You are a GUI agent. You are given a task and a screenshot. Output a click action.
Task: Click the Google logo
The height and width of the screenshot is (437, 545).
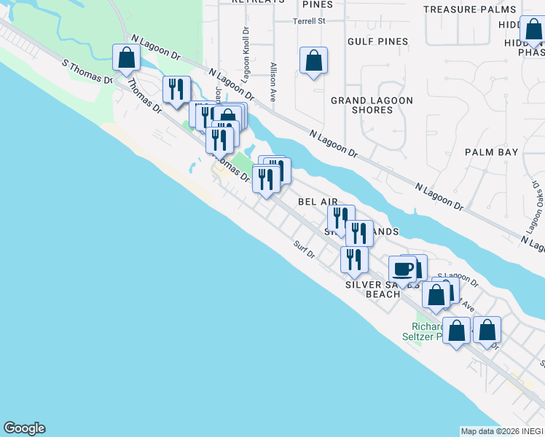(x=24, y=428)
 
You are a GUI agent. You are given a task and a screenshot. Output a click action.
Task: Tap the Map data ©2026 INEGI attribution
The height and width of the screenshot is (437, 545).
(x=501, y=431)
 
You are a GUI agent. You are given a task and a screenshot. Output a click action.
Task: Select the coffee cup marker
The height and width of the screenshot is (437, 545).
(x=403, y=269)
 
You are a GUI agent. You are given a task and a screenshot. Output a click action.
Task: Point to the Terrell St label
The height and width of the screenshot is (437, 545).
(x=309, y=21)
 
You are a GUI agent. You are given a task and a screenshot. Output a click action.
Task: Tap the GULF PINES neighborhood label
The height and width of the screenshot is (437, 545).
(x=377, y=42)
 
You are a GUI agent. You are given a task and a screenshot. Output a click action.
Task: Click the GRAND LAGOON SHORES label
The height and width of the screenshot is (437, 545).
(x=372, y=105)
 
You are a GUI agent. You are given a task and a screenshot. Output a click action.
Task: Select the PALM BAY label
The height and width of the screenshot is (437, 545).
(x=492, y=152)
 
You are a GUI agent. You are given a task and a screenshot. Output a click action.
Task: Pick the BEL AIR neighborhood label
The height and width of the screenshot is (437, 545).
(x=318, y=200)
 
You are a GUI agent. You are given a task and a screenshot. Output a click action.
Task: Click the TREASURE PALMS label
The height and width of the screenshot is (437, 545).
(x=470, y=9)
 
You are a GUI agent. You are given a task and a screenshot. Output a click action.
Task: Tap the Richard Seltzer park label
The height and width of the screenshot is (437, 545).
(x=427, y=331)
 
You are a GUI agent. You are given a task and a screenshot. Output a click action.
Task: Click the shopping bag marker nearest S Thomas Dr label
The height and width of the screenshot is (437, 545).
(x=127, y=58)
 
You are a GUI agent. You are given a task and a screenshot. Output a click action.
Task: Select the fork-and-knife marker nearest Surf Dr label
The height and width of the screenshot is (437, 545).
(x=354, y=260)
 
